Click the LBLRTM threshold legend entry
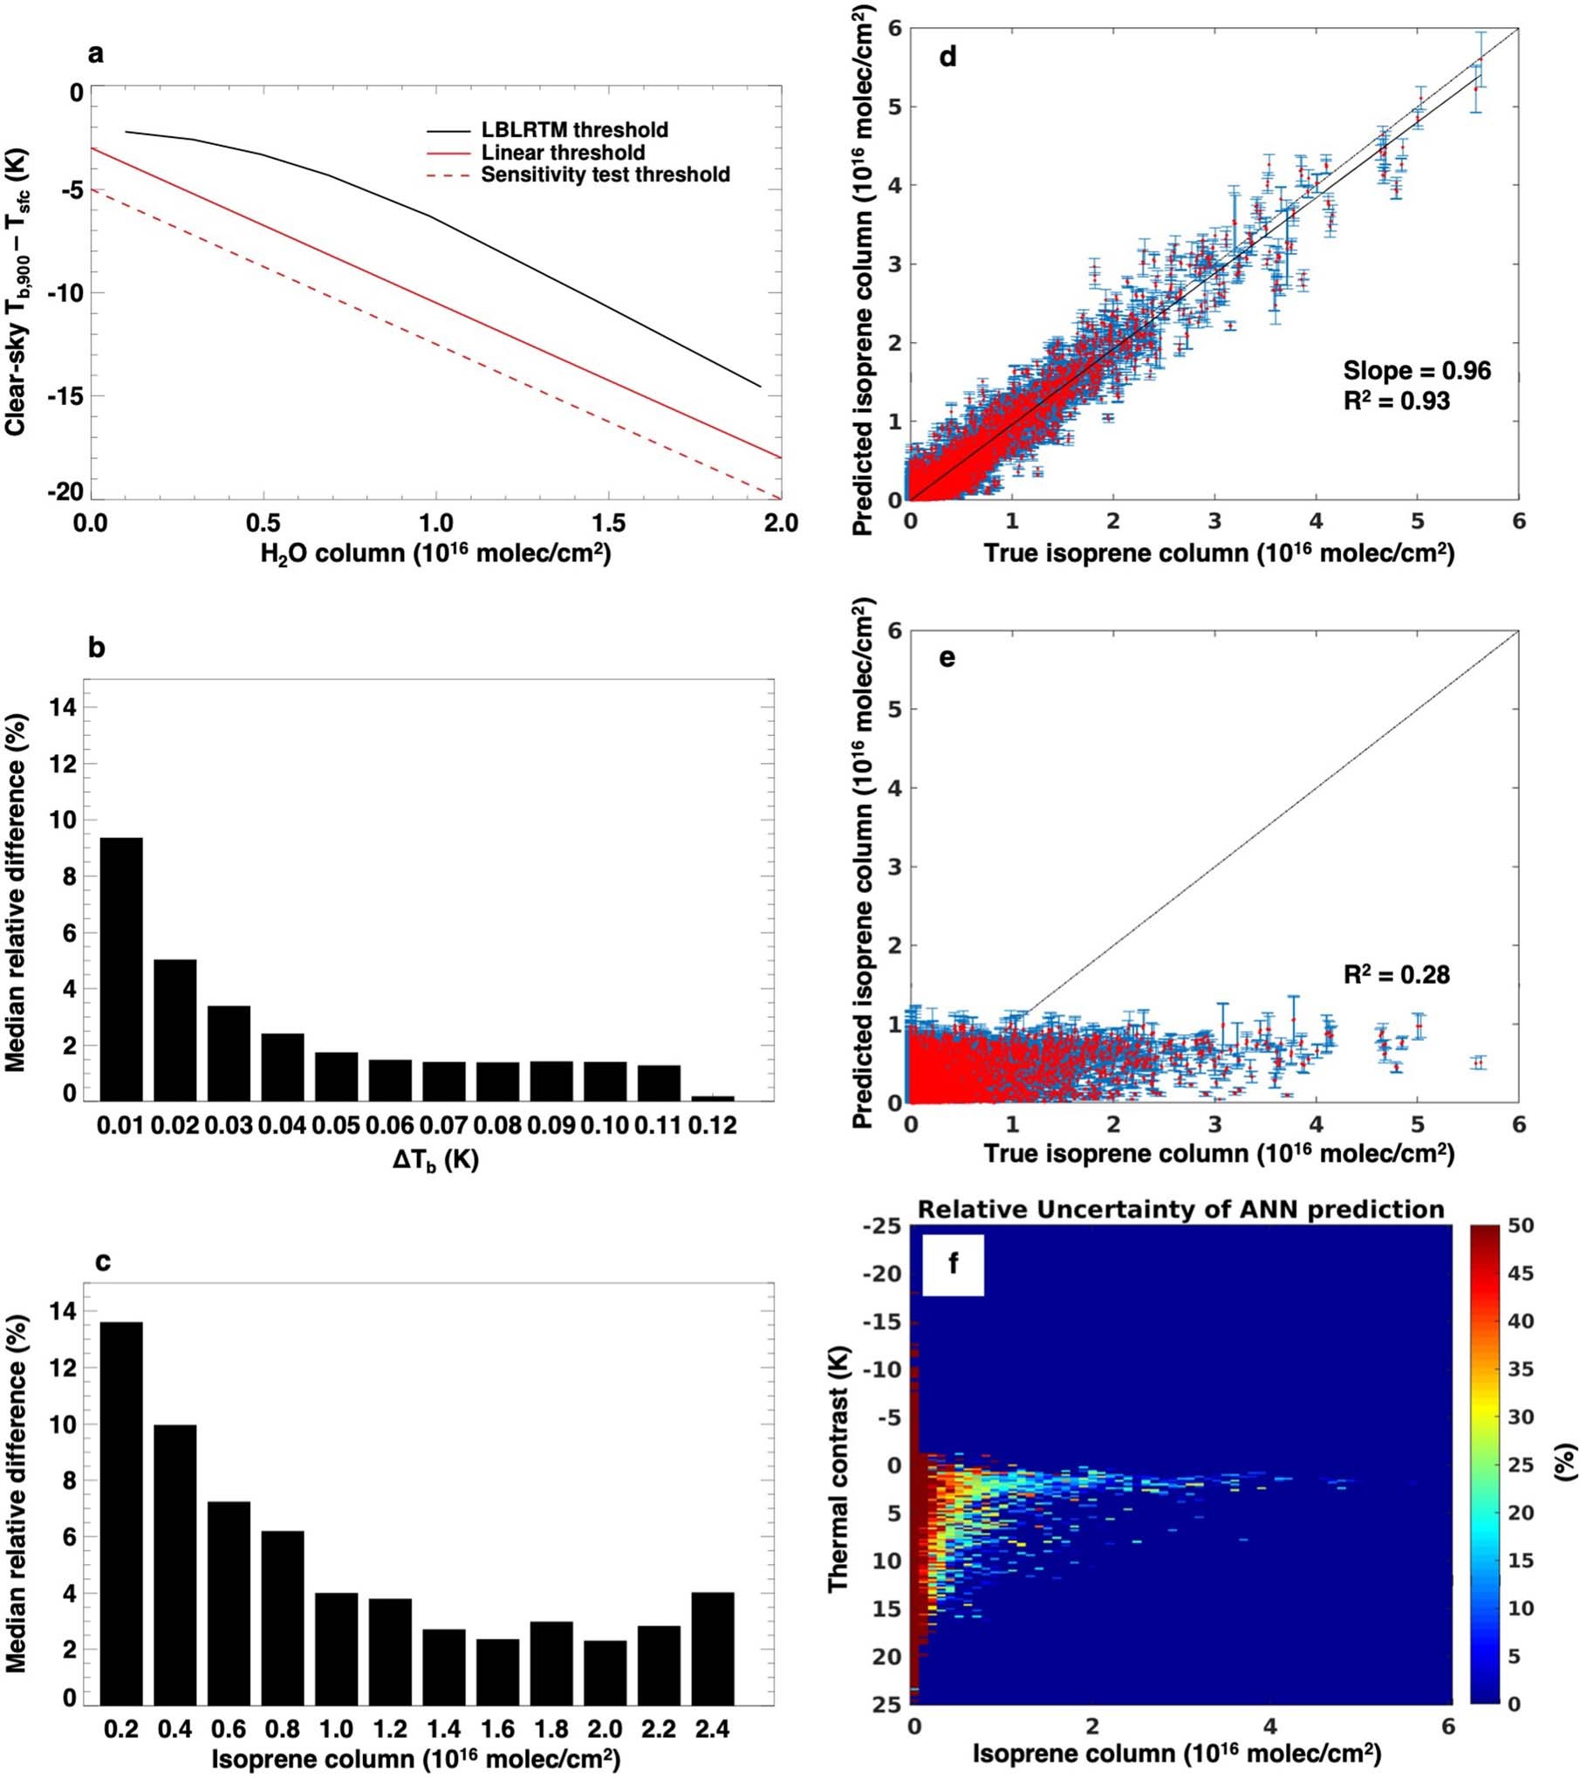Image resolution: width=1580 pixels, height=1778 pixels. (574, 130)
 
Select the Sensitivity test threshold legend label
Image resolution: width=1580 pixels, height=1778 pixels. (605, 175)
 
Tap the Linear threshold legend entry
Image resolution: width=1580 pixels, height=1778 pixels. (563, 153)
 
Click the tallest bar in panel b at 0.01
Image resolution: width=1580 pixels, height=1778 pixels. (121, 969)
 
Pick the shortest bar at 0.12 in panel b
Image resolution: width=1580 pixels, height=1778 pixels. (712, 1097)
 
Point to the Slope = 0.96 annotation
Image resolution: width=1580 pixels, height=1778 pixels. (1416, 371)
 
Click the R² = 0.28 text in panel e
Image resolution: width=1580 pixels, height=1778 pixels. (1396, 974)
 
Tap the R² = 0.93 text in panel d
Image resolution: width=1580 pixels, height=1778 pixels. (1396, 402)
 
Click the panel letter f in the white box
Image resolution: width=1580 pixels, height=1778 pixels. (953, 1263)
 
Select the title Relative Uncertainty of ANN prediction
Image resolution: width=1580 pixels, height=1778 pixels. (1180, 1209)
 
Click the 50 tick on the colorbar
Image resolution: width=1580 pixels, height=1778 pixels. (1521, 1225)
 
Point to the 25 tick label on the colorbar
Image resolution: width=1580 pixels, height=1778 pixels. (1521, 1464)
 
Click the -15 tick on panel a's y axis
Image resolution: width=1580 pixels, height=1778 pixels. (65, 395)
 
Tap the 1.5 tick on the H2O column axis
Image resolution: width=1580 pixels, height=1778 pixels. (608, 523)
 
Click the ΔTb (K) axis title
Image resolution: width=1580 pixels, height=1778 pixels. (434, 1159)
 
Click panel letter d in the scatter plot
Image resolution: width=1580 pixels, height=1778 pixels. (947, 58)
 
